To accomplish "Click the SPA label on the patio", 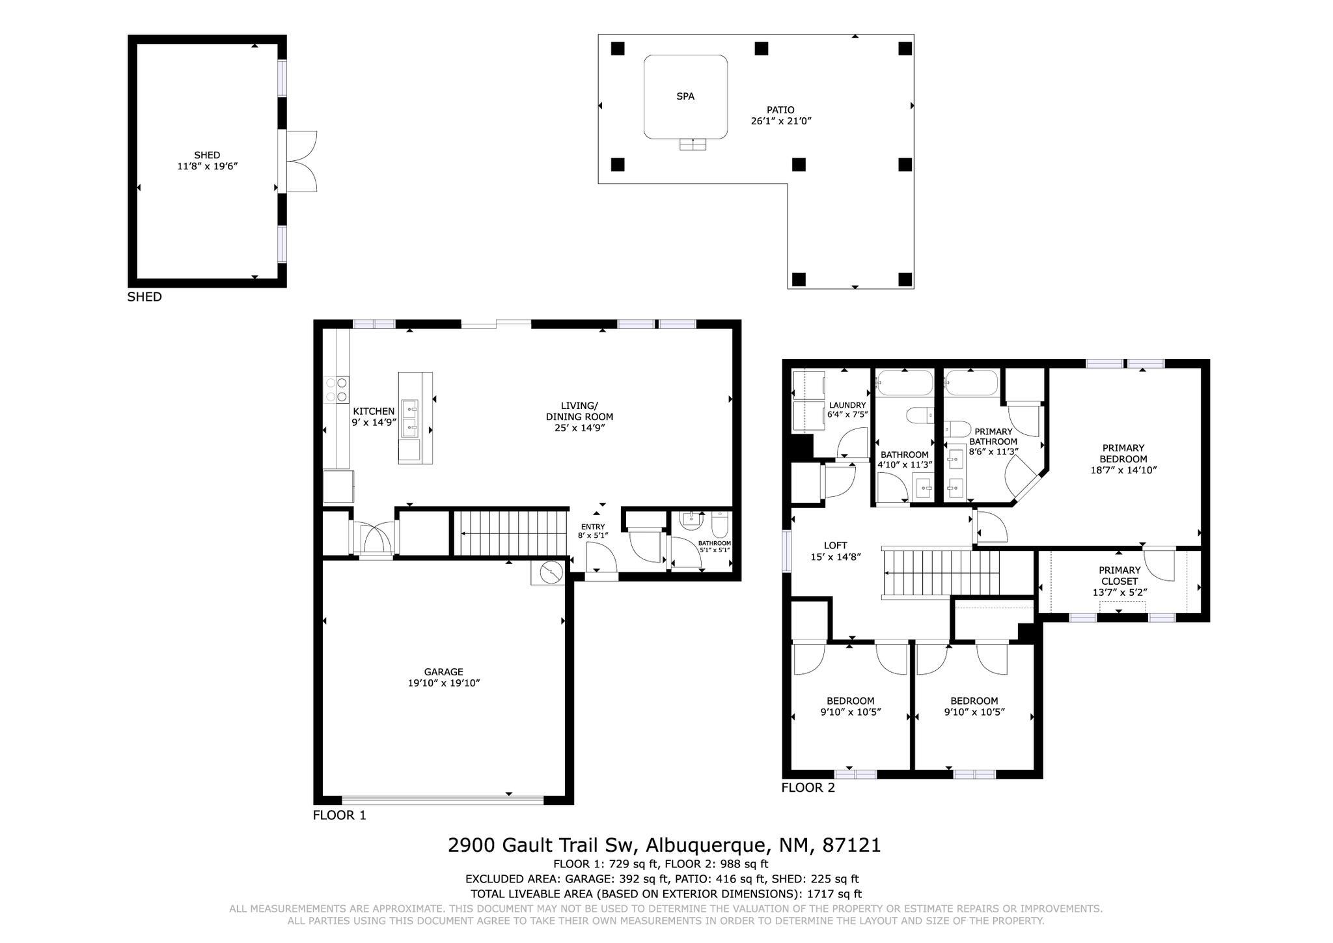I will tap(685, 96).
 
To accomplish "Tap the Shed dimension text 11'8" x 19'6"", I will tap(207, 167).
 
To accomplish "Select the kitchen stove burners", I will tap(337, 389).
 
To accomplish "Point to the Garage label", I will tap(443, 672).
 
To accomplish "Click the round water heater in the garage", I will tap(551, 572).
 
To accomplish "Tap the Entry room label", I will tap(592, 527).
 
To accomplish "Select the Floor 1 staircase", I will tap(510, 533).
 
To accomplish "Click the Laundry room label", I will tap(847, 405).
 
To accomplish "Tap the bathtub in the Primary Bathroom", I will tap(970, 384).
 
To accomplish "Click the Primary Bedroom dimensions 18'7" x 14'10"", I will tap(1123, 470).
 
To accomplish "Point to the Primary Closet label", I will tap(1119, 576).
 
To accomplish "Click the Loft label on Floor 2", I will tap(835, 546).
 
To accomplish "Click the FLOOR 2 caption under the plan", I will tap(808, 788).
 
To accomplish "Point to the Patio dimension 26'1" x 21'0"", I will tap(780, 121).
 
